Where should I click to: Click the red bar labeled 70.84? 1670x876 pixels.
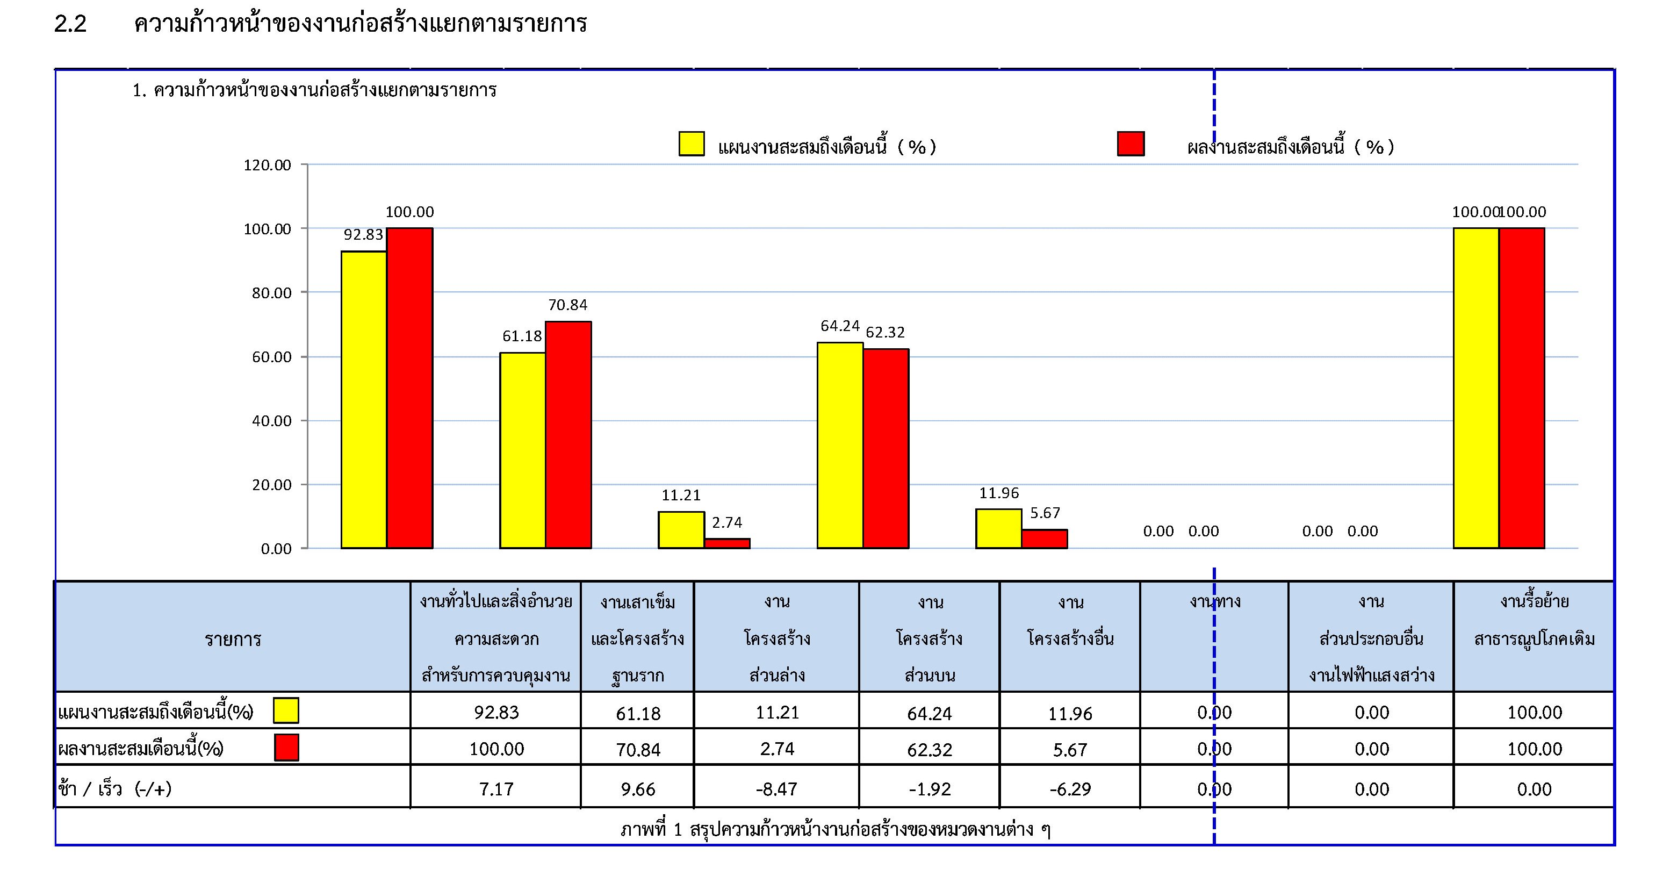pyautogui.click(x=568, y=434)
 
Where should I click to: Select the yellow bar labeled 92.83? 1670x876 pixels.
pyautogui.click(x=364, y=399)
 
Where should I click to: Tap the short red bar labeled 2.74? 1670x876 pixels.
pyautogui.click(x=727, y=543)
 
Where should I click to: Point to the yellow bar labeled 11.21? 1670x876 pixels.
pyautogui.click(x=681, y=530)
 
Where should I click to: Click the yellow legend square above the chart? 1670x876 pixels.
pyautogui.click(x=691, y=144)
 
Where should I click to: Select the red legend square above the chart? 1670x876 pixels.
pyautogui.click(x=1130, y=144)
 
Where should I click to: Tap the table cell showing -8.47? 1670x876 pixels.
pyautogui.click(x=776, y=788)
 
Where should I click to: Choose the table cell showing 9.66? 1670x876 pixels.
pyautogui.click(x=637, y=788)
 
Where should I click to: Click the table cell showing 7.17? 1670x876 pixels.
pyautogui.click(x=496, y=788)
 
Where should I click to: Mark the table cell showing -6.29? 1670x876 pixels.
pyautogui.click(x=1070, y=788)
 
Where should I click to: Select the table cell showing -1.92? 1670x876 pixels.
pyautogui.click(x=929, y=788)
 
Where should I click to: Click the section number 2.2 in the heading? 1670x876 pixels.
pyautogui.click(x=70, y=24)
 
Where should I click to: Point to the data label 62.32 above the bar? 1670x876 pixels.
pyautogui.click(x=885, y=333)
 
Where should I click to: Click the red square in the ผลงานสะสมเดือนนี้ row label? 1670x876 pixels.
pyautogui.click(x=286, y=748)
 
